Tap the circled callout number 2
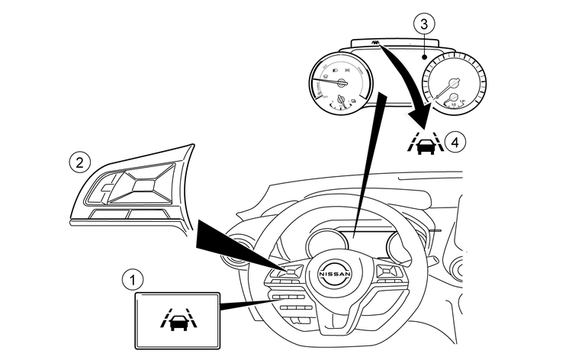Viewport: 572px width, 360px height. coord(78,162)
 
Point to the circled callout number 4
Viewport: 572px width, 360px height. coord(456,141)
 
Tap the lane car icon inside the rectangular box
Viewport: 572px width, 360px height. coord(175,316)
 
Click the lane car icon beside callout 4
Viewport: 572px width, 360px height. coord(424,142)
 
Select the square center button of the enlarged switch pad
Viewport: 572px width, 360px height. coord(140,183)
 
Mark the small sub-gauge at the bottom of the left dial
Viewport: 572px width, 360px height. coord(349,100)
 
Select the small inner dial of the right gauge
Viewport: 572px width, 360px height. coord(451,98)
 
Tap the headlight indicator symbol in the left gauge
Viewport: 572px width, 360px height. coord(329,69)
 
